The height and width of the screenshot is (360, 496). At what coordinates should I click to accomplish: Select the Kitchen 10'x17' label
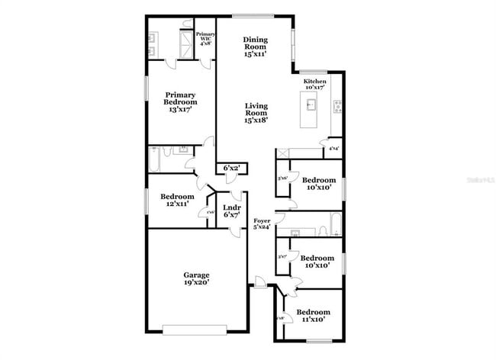pyautogui.click(x=315, y=85)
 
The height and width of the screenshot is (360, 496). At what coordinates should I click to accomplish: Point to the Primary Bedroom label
pyautogui.click(x=181, y=102)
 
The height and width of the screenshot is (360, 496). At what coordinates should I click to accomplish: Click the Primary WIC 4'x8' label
pyautogui.click(x=205, y=39)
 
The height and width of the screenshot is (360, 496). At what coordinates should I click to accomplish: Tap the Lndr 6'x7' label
pyautogui.click(x=232, y=211)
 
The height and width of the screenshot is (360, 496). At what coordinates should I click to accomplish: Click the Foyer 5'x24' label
pyautogui.click(x=262, y=223)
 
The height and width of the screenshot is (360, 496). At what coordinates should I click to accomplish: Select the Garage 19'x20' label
pyautogui.click(x=196, y=279)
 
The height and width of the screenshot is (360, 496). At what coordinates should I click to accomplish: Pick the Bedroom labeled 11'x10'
pyautogui.click(x=313, y=316)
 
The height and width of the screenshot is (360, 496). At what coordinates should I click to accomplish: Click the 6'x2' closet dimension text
pyautogui.click(x=231, y=168)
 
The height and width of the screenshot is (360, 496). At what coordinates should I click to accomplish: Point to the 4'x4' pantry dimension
pyautogui.click(x=333, y=149)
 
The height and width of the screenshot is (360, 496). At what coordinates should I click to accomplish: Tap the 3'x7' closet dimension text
pyautogui.click(x=282, y=257)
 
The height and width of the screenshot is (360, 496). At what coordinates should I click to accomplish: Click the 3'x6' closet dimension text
pyautogui.click(x=282, y=178)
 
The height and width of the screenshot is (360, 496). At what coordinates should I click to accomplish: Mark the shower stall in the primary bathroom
pyautogui.click(x=185, y=40)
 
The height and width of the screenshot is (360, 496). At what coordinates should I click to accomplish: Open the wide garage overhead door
pyautogui.click(x=195, y=329)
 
